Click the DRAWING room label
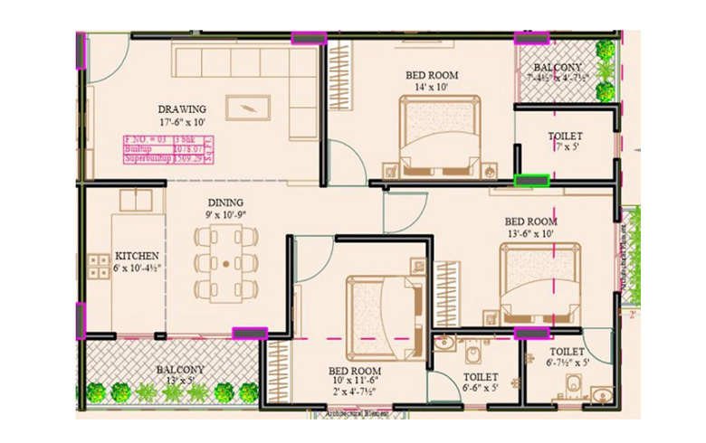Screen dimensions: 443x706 pyautogui.click(x=181, y=109)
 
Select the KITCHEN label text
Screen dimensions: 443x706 pyautogui.click(x=138, y=256)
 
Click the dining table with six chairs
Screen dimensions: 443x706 pyautogui.click(x=225, y=263)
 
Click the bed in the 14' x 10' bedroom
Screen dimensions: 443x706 pyautogui.click(x=436, y=133)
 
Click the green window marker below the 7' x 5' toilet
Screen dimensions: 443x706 pyautogui.click(x=531, y=180)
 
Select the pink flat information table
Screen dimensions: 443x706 pyautogui.click(x=168, y=149)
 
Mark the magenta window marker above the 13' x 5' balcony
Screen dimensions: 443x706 pyautogui.click(x=246, y=333)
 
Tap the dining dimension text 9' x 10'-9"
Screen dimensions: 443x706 pyautogui.click(x=226, y=216)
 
